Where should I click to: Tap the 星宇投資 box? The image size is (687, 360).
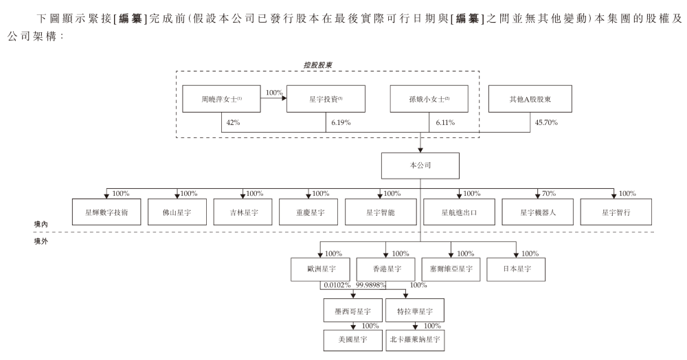(326, 99)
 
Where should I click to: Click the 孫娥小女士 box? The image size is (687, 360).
(429, 99)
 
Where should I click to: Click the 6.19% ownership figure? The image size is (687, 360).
(340, 122)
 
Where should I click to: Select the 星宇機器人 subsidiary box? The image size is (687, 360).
(537, 212)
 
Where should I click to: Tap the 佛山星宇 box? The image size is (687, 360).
(177, 212)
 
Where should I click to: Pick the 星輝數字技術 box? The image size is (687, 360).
(107, 212)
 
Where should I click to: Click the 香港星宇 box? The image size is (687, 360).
(385, 268)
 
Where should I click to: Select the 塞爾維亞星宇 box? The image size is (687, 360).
(451, 268)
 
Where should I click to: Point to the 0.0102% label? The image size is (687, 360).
(337, 285)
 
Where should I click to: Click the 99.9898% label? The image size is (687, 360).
(371, 285)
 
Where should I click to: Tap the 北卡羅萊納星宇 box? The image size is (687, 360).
(416, 340)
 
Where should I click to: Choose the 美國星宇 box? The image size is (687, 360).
(352, 340)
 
